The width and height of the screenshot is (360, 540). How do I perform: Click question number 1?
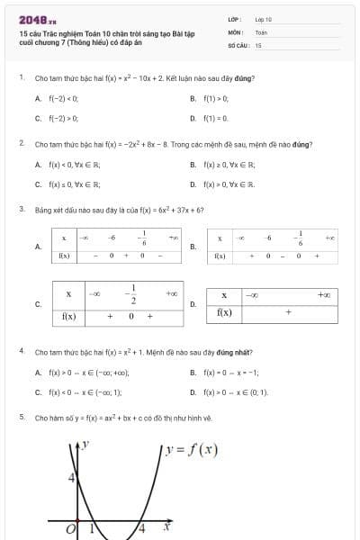pyautogui.click(x=21, y=77)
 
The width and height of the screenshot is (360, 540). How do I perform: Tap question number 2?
pyautogui.click(x=21, y=143)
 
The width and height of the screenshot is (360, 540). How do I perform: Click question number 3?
pyautogui.click(x=21, y=209)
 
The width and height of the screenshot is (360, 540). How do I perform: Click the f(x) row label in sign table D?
pyautogui.click(x=224, y=312)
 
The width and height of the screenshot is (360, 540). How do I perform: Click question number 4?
pyautogui.click(x=21, y=350)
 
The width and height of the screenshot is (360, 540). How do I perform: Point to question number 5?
pyautogui.click(x=21, y=418)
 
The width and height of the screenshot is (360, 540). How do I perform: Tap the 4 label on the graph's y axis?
pyautogui.click(x=72, y=478)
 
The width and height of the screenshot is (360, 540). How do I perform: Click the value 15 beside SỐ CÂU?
pyautogui.click(x=258, y=44)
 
